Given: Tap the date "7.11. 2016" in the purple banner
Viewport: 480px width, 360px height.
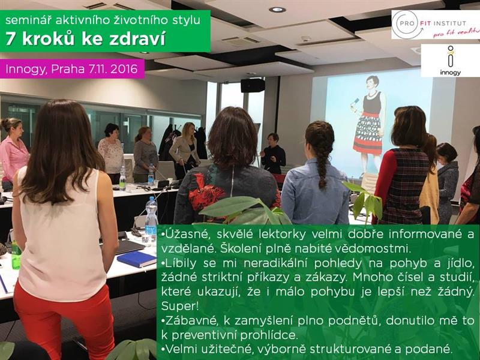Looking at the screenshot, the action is (x=113, y=69).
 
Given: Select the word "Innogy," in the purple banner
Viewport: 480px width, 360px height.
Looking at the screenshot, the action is (x=26, y=70).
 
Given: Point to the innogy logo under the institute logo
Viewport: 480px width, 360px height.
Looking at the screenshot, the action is (x=450, y=61).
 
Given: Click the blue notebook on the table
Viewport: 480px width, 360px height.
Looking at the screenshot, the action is (x=136, y=259).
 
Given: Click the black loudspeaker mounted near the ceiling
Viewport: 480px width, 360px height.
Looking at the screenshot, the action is (x=253, y=85).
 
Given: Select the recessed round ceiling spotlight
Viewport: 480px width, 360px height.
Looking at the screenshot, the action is (x=277, y=10).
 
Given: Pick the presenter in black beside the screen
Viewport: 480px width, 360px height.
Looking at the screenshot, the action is (x=274, y=154).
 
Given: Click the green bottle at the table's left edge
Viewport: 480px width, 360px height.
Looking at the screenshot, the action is (x=16, y=256).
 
